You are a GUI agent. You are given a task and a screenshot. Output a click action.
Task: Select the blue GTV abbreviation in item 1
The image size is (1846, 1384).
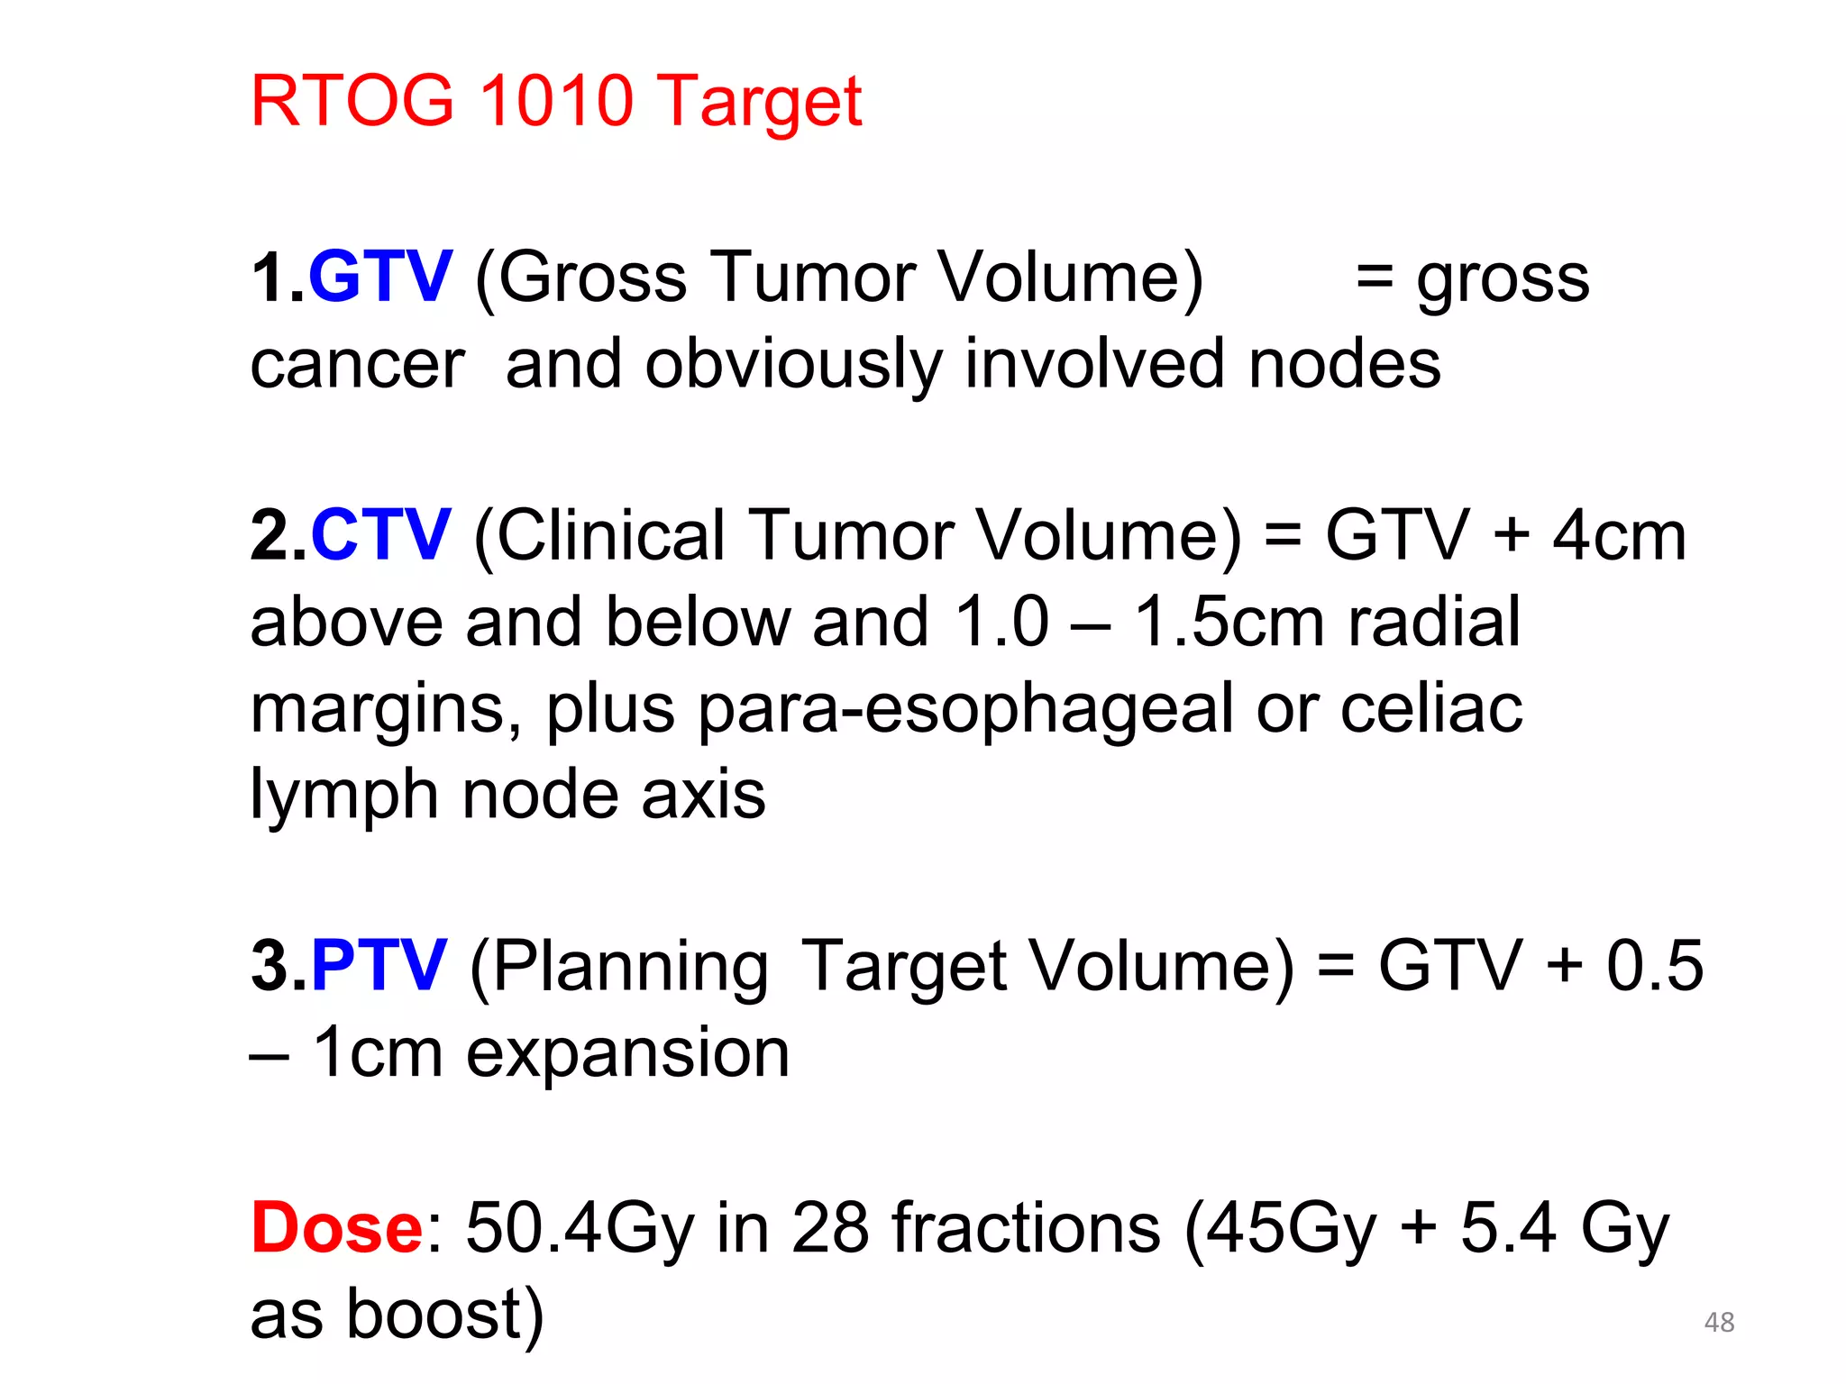[x=379, y=277]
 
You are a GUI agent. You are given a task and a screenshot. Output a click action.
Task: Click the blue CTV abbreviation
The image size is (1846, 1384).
[x=379, y=535]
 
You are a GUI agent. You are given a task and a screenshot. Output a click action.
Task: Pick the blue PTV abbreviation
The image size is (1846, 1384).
[x=379, y=966]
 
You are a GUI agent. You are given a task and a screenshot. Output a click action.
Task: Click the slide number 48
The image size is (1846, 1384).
[x=1719, y=1322]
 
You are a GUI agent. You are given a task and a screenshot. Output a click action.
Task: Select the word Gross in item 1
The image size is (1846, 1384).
[x=593, y=277]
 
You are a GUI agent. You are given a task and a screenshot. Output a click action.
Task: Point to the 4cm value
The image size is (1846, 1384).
[x=1619, y=535]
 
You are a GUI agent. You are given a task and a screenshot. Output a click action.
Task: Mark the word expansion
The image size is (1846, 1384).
[x=627, y=1053]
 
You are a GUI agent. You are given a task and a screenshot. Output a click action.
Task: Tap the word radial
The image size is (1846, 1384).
[x=1433, y=622]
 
